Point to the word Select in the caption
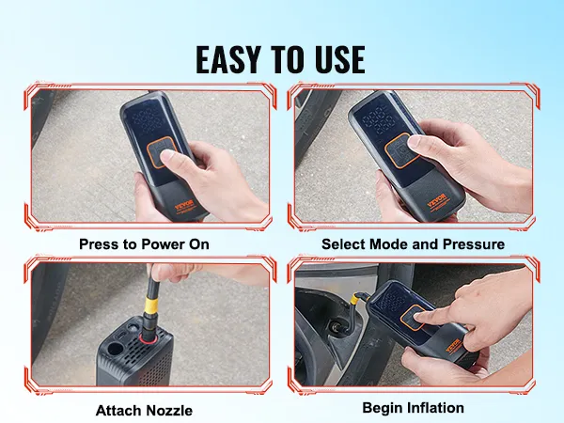click(x=344, y=244)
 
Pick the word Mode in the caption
click(x=393, y=244)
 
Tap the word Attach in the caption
click(x=119, y=410)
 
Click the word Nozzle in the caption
click(x=170, y=410)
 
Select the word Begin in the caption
click(x=384, y=409)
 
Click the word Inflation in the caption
click(x=438, y=409)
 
